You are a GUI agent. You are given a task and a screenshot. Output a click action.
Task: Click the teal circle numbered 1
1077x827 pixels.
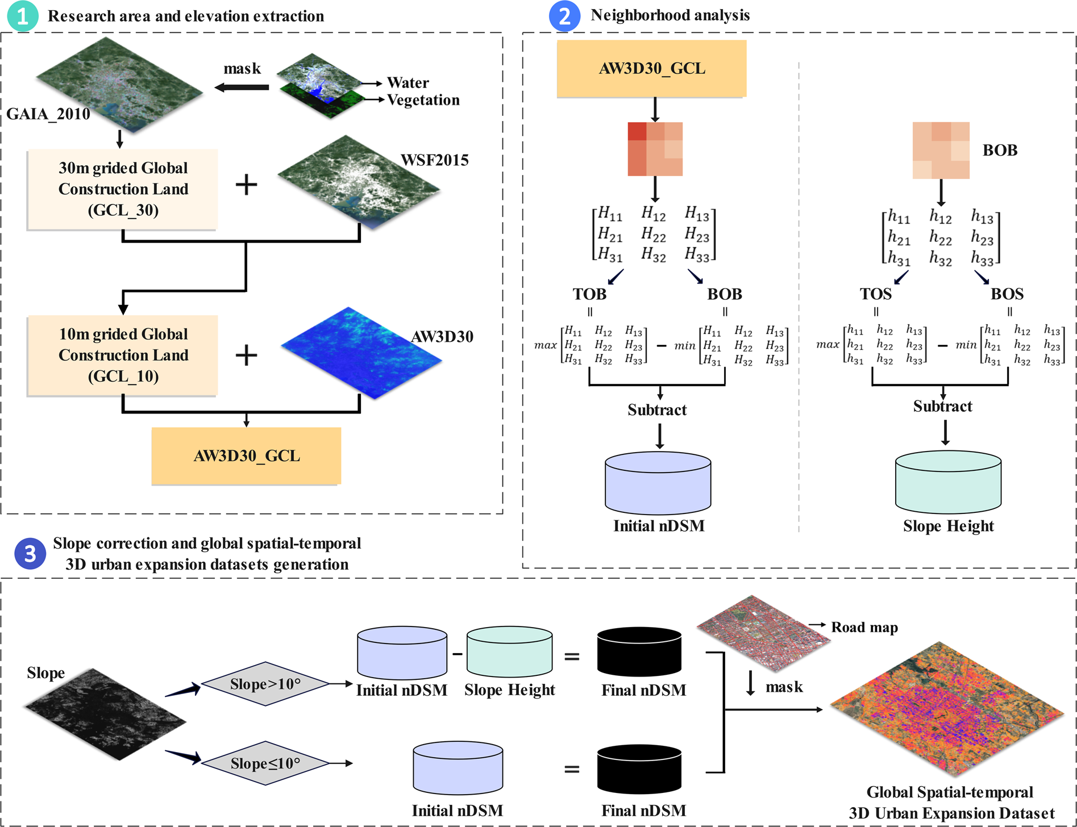(x=22, y=16)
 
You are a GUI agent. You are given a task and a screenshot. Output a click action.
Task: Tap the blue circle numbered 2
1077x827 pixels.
(x=564, y=16)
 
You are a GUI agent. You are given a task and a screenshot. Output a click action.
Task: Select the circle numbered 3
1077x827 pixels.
(x=30, y=553)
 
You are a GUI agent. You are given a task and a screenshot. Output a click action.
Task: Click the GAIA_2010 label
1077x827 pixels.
(x=48, y=114)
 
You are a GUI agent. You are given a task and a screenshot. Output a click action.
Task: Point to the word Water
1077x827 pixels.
(x=407, y=83)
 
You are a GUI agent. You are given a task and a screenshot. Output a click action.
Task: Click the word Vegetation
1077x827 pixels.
(x=423, y=100)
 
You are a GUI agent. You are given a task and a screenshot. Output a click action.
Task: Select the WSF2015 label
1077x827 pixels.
(x=435, y=160)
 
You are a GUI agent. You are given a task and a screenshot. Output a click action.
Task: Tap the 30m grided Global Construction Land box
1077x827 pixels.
(x=123, y=189)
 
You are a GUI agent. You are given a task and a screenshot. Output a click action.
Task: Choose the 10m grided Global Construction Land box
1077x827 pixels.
(x=123, y=355)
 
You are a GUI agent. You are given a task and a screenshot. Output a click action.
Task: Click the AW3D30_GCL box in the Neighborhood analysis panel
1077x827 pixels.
(x=651, y=69)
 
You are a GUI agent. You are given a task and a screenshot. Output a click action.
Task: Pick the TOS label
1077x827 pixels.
(x=875, y=294)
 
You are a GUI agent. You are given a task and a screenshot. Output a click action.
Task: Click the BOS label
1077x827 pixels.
(x=1007, y=294)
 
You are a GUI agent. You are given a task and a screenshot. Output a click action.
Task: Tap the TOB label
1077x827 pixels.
(x=589, y=294)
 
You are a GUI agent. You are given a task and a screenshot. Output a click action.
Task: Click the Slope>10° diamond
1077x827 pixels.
(x=265, y=684)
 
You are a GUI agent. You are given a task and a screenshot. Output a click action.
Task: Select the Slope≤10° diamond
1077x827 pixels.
(x=265, y=763)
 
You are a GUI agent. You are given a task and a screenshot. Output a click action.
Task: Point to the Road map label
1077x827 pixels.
(x=864, y=627)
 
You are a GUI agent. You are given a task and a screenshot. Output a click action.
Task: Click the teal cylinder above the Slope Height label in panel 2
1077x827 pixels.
(x=948, y=483)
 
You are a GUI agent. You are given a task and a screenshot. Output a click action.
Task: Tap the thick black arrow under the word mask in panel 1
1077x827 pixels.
(x=242, y=87)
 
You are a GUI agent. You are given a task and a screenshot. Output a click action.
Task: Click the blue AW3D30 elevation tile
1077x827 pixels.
(x=360, y=352)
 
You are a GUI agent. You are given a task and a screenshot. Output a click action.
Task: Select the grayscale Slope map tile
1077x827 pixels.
(x=105, y=713)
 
